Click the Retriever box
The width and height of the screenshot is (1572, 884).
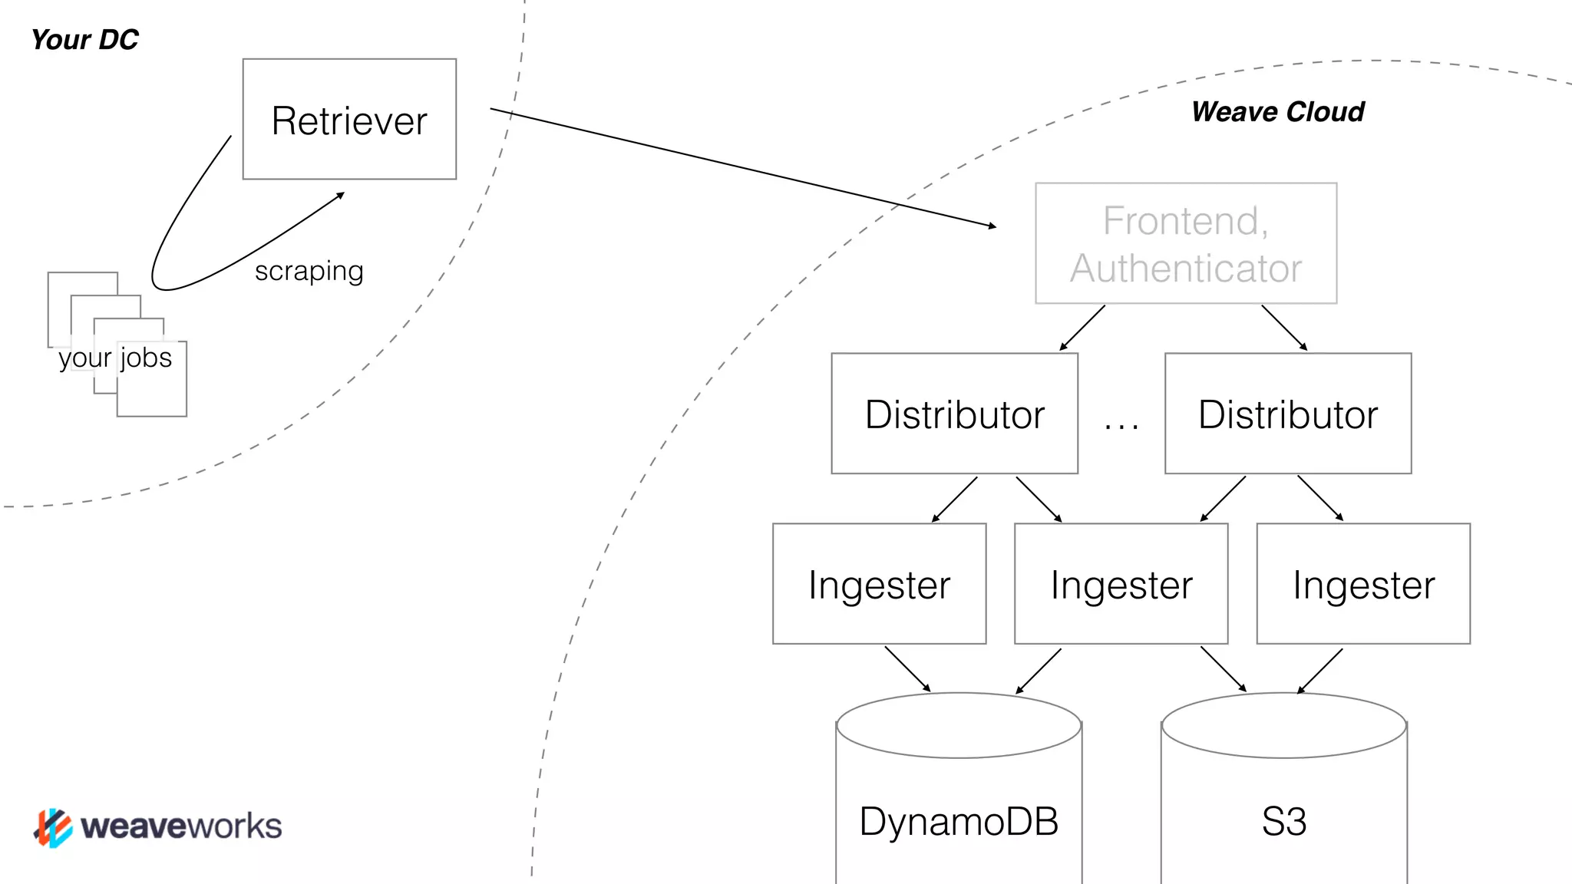pos(349,120)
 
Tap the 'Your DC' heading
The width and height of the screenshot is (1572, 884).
pos(84,40)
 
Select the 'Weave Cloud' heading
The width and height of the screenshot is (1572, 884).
pos(1277,112)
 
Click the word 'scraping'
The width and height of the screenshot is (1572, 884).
pos(309,271)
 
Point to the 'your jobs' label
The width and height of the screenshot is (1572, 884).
pos(115,358)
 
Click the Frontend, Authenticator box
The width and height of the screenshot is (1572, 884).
pos(1185,243)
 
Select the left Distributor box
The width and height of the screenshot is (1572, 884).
pos(954,414)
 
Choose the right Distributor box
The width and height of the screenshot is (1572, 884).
pos(1287,414)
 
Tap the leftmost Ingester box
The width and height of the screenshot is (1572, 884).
pos(879,585)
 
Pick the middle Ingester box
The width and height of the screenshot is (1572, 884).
pos(1121,585)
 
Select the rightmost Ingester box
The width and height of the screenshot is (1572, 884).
pos(1363,585)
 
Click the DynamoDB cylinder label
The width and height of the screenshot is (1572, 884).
pos(959,822)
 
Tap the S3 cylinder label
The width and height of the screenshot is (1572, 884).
pos(1283,822)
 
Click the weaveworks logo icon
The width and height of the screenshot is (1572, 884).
pos(53,827)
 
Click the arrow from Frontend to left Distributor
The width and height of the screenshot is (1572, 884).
pos(1082,328)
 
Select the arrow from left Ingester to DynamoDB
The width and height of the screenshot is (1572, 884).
pos(907,668)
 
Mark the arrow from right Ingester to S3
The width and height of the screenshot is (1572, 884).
pos(1320,671)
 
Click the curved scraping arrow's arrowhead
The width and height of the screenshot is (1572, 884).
pos(341,195)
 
